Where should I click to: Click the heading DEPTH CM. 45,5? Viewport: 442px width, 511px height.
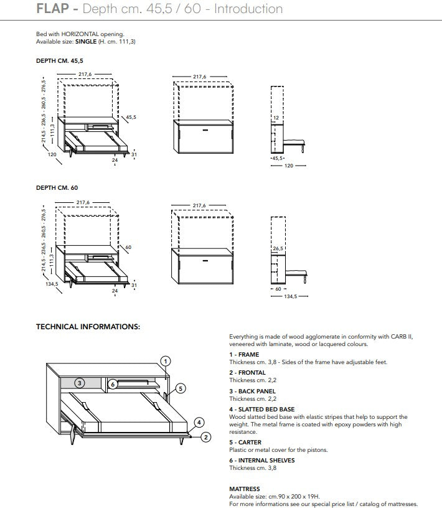(59, 62)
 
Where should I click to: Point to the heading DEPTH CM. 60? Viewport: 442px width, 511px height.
(57, 187)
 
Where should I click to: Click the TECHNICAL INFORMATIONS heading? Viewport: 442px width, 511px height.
(88, 326)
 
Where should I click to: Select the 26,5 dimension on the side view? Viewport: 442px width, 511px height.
(277, 248)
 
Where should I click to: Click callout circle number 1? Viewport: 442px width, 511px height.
(165, 360)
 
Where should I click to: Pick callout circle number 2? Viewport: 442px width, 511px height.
(205, 438)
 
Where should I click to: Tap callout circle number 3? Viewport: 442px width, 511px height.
(80, 383)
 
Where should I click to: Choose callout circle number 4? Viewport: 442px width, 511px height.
(199, 421)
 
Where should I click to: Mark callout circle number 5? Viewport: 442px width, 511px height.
(180, 388)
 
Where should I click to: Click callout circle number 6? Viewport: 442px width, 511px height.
(113, 384)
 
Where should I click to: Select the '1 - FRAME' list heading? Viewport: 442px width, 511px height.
(244, 355)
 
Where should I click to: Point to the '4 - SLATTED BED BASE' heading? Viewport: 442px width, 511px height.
(261, 410)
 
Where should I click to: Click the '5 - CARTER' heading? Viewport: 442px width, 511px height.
(245, 443)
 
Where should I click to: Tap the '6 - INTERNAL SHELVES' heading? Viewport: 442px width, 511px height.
(261, 461)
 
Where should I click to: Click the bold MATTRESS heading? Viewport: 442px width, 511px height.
(245, 489)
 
